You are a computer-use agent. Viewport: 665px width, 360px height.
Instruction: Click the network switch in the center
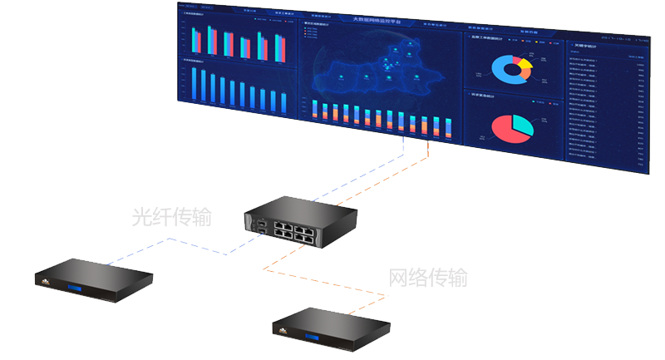300,221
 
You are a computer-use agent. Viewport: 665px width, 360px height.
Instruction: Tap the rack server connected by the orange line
332,328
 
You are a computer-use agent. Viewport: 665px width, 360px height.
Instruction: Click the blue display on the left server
81,288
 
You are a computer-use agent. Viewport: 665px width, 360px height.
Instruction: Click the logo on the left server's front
41,283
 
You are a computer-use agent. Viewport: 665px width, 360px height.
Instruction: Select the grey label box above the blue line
171,216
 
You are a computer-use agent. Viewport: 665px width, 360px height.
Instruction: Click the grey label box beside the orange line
428,277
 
